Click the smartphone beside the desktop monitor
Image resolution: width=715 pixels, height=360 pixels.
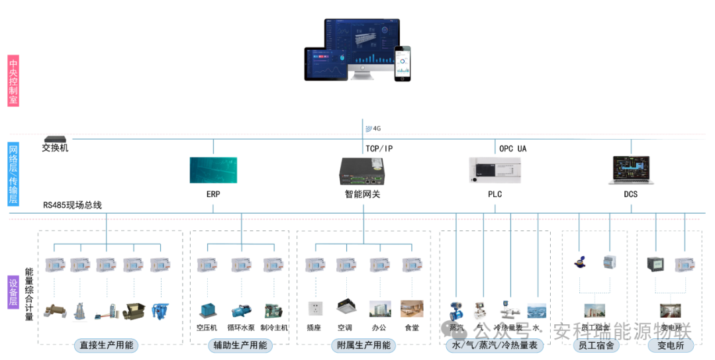pyautogui.click(x=403, y=64)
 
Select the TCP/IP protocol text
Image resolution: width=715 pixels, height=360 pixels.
pyautogui.click(x=379, y=149)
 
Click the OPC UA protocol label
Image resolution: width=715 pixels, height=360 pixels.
pyautogui.click(x=512, y=149)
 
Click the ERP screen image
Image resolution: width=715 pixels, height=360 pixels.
pyautogui.click(x=213, y=170)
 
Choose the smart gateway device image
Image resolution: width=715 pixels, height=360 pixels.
pyautogui.click(x=362, y=171)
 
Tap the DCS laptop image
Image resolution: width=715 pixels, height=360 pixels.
pyautogui.click(x=630, y=170)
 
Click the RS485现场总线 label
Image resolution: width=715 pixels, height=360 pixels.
pyautogui.click(x=73, y=205)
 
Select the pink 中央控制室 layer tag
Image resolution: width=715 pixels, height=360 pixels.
pyautogui.click(x=13, y=81)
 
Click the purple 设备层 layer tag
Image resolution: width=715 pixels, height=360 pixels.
pyautogui.click(x=13, y=292)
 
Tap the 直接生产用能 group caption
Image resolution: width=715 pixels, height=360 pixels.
pyautogui.click(x=106, y=345)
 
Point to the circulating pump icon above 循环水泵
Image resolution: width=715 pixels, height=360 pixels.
pyautogui.click(x=240, y=310)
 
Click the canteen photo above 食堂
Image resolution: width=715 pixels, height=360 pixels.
pyautogui.click(x=411, y=308)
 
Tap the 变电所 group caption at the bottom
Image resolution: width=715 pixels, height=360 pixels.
pyautogui.click(x=670, y=345)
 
